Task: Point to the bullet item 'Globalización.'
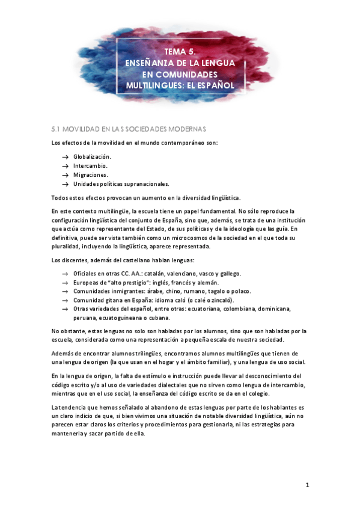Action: tap(93, 156)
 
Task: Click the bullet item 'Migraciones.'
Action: tap(91, 174)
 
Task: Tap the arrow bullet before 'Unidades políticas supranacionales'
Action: tap(65, 184)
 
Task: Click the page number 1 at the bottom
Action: tap(307, 485)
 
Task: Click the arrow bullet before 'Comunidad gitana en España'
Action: tap(65, 300)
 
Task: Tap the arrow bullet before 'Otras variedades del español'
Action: tap(65, 309)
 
